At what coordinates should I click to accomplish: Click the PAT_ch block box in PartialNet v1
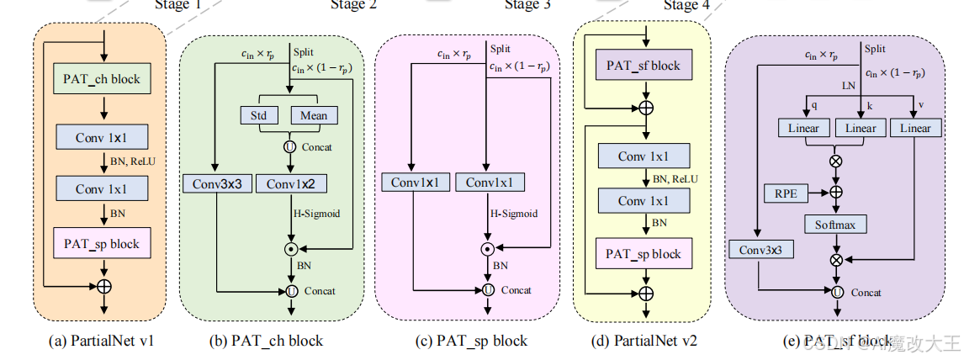[x=101, y=80]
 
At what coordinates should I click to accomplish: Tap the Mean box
[x=314, y=115]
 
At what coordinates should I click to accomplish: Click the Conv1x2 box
[x=290, y=183]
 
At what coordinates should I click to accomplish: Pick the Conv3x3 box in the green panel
[x=217, y=183]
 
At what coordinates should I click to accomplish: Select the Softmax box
[x=836, y=225]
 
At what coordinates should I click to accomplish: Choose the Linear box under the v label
[x=914, y=128]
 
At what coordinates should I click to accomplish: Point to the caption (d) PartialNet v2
[x=644, y=341]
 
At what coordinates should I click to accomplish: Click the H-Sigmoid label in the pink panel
[x=514, y=214]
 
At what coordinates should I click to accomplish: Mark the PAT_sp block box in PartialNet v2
[x=645, y=253]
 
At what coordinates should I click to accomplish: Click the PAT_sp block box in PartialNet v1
[x=101, y=244]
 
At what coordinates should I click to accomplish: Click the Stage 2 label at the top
[x=353, y=5]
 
